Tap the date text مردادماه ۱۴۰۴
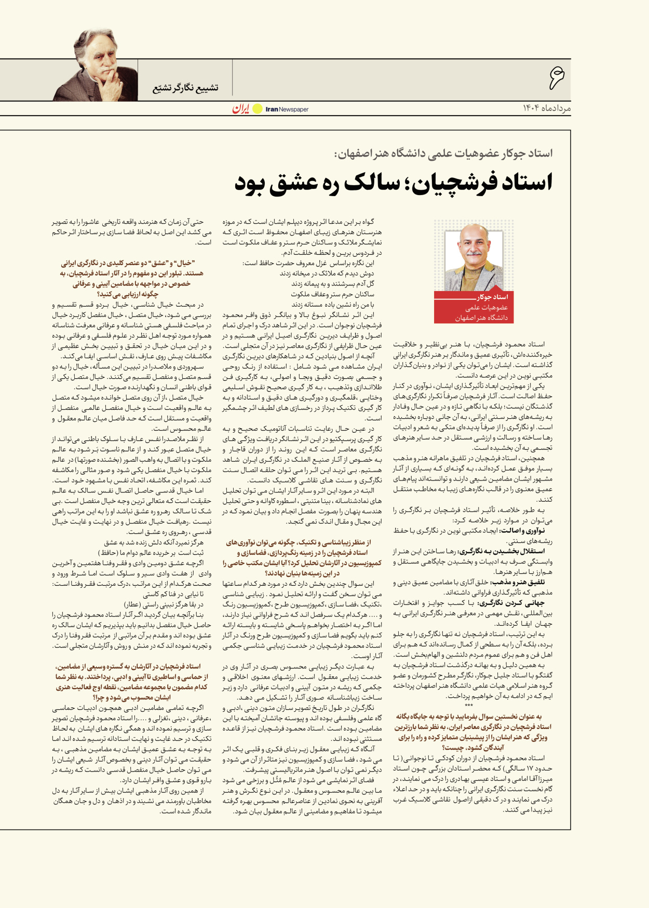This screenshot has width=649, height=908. (x=546, y=108)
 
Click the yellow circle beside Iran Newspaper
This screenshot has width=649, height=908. (x=258, y=109)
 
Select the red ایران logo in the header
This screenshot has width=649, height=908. (x=241, y=108)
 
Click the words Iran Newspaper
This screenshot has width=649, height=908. (x=287, y=109)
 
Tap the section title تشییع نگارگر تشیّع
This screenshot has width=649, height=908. (x=185, y=88)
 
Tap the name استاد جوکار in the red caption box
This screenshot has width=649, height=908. (x=493, y=297)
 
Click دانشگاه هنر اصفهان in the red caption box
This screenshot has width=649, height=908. (x=481, y=318)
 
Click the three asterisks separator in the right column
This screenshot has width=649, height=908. (x=469, y=706)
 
